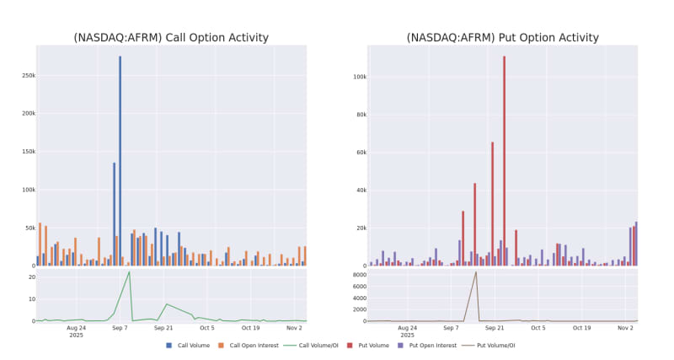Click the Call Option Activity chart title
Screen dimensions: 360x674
pyautogui.click(x=171, y=38)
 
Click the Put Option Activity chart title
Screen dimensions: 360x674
pyautogui.click(x=502, y=38)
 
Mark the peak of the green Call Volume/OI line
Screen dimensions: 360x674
pyautogui.click(x=129, y=271)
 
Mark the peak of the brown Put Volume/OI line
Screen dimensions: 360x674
pyautogui.click(x=476, y=271)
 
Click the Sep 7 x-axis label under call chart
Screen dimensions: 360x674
pyautogui.click(x=120, y=328)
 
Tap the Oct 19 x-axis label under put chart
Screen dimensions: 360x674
pyautogui.click(x=581, y=328)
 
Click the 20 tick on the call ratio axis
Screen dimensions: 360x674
pyautogui.click(x=29, y=277)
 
